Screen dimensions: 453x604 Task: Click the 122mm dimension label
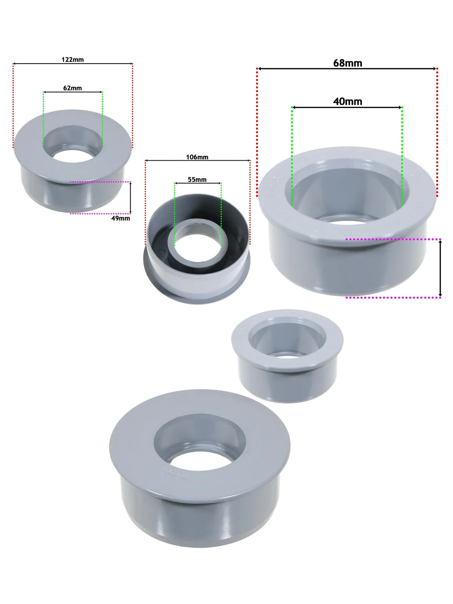pyautogui.click(x=73, y=59)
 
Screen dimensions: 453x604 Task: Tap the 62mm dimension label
pyautogui.click(x=73, y=88)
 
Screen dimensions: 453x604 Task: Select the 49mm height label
pyautogui.click(x=121, y=218)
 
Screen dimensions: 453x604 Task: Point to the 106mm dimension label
pyautogui.click(x=197, y=157)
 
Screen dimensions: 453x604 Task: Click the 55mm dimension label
pyautogui.click(x=197, y=179)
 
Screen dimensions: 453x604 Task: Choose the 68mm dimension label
pyautogui.click(x=348, y=63)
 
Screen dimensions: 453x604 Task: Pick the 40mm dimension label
pyautogui.click(x=348, y=101)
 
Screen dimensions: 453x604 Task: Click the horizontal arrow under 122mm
pyautogui.click(x=73, y=64)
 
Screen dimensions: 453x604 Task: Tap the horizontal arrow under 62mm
pyautogui.click(x=73, y=92)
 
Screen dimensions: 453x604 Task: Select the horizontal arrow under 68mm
pyautogui.click(x=347, y=68)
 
